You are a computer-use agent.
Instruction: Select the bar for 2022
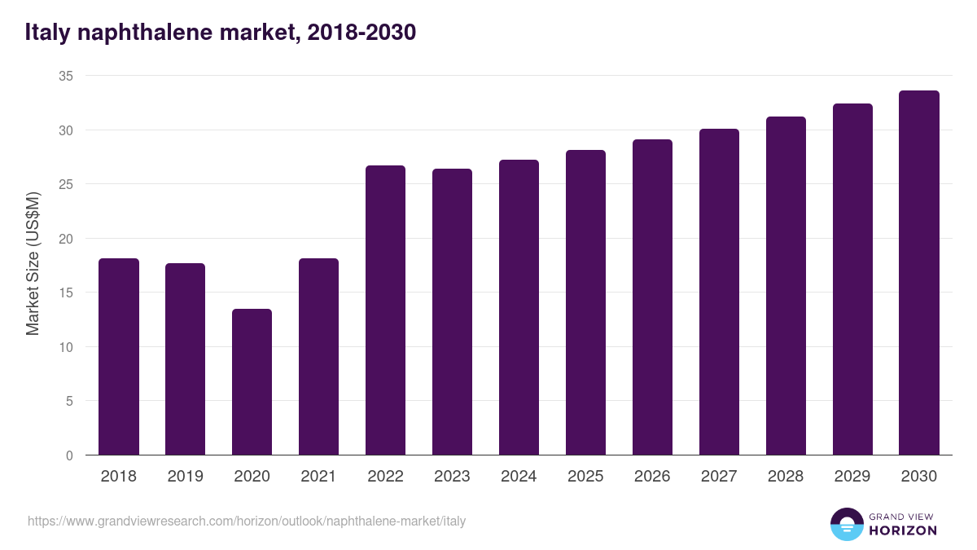coord(385,310)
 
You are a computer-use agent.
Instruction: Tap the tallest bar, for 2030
coord(919,273)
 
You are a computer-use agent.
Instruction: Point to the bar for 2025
coord(585,302)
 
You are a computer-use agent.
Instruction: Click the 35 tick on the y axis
coord(66,76)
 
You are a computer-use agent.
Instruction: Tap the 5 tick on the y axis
coord(69,401)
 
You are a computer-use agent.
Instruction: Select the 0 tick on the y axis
coord(69,455)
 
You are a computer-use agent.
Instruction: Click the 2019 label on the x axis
coord(186,477)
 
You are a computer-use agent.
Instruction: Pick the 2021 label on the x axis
coord(318,477)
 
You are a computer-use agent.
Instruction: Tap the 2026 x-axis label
coord(652,477)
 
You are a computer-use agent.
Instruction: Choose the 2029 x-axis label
coord(852,477)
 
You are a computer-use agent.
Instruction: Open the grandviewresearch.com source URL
coord(247,521)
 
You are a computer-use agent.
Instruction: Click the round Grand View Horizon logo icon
coord(846,524)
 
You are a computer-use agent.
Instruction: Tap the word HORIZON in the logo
coord(903,530)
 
